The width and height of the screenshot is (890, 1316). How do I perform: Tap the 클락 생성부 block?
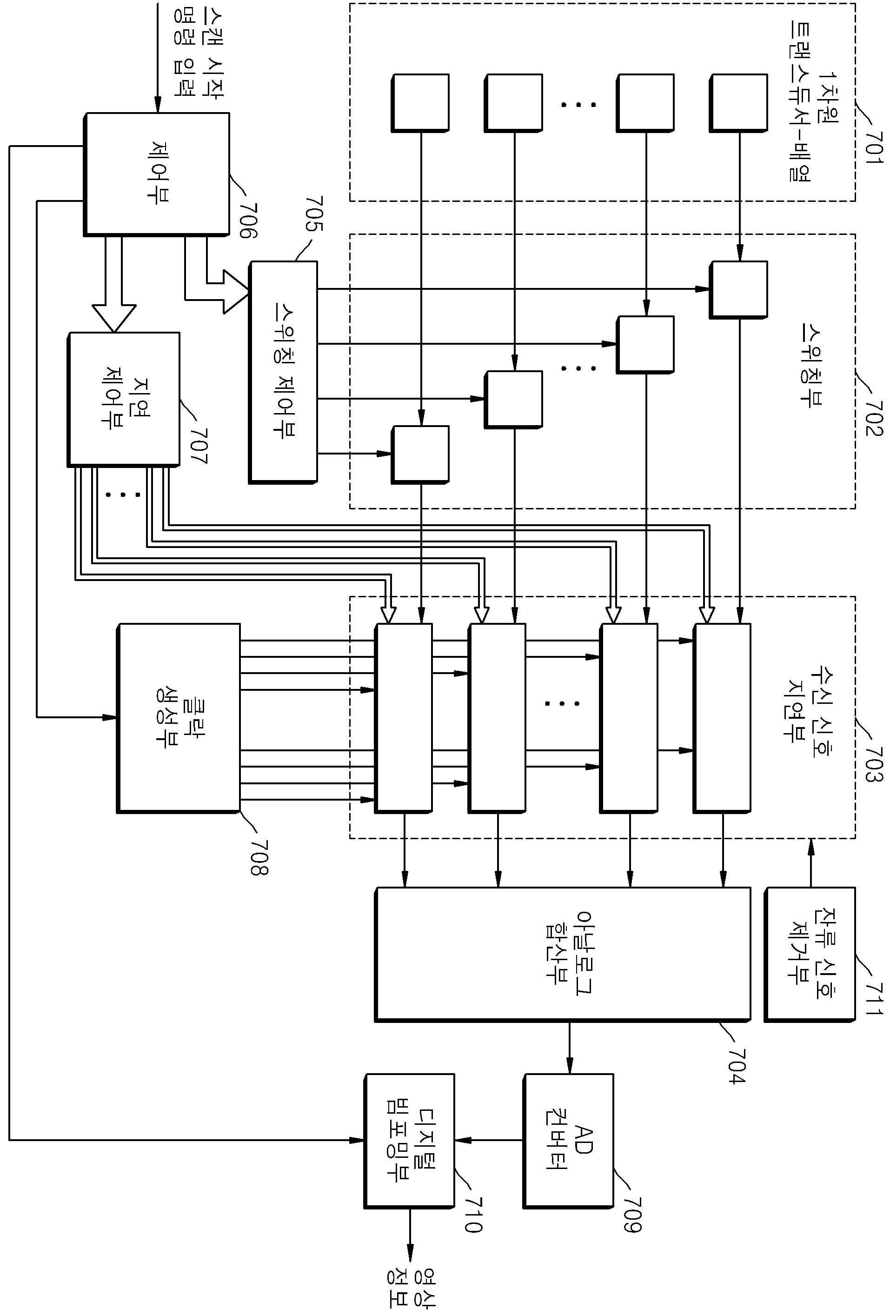[179, 719]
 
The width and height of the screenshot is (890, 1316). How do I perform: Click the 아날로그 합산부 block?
[563, 954]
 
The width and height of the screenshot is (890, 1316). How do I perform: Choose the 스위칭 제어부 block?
[283, 372]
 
